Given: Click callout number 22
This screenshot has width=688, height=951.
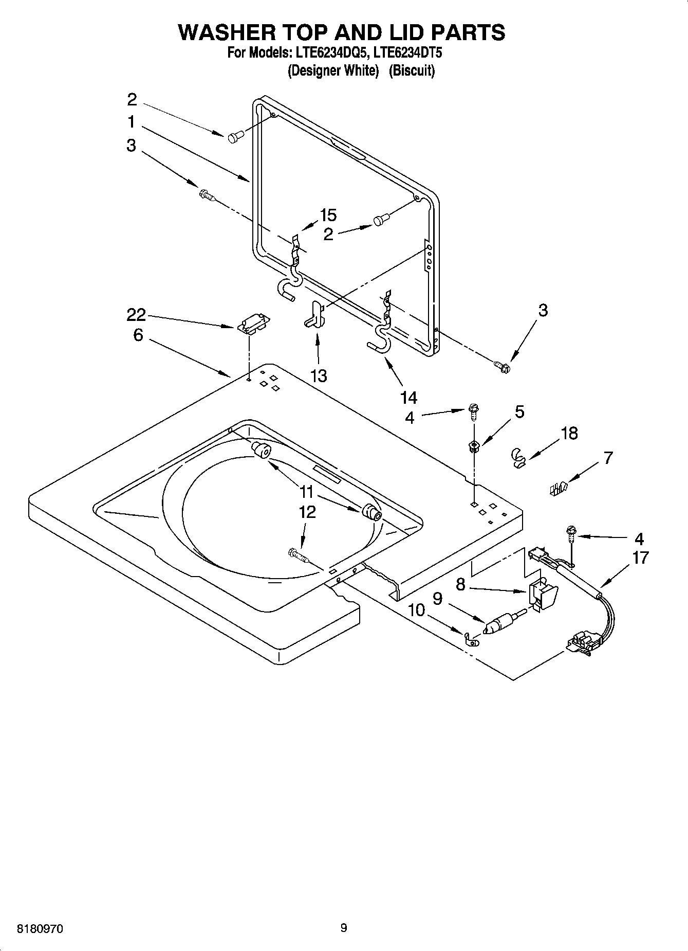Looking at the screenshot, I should tap(136, 314).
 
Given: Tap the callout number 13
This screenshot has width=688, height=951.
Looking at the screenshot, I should tap(319, 375).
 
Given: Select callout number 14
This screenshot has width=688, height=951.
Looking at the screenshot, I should tap(409, 397).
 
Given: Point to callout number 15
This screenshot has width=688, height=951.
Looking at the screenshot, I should tap(328, 215).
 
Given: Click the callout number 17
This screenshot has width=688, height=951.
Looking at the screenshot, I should tap(640, 558).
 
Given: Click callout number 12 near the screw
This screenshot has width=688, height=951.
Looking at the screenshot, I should tap(308, 512).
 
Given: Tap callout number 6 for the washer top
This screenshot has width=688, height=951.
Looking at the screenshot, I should tap(138, 335).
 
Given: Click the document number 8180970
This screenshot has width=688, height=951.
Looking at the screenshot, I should tap(41, 929).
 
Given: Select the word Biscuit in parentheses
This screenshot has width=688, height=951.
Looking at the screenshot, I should tap(412, 70).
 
